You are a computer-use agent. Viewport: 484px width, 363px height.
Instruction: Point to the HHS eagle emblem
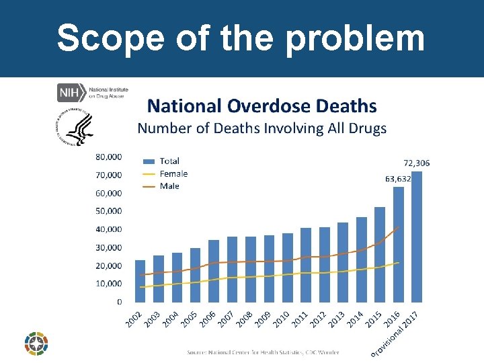[75, 128]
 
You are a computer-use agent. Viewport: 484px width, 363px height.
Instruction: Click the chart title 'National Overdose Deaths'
[261, 106]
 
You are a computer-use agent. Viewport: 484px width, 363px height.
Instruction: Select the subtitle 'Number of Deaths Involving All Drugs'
[261, 128]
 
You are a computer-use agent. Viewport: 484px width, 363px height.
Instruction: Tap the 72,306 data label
[416, 163]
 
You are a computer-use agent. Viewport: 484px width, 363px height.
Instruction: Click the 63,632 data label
[398, 179]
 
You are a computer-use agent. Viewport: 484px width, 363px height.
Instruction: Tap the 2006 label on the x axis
[208, 319]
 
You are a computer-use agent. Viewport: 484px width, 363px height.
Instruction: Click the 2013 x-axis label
[337, 319]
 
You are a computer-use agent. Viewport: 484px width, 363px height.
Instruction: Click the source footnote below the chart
[263, 352]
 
